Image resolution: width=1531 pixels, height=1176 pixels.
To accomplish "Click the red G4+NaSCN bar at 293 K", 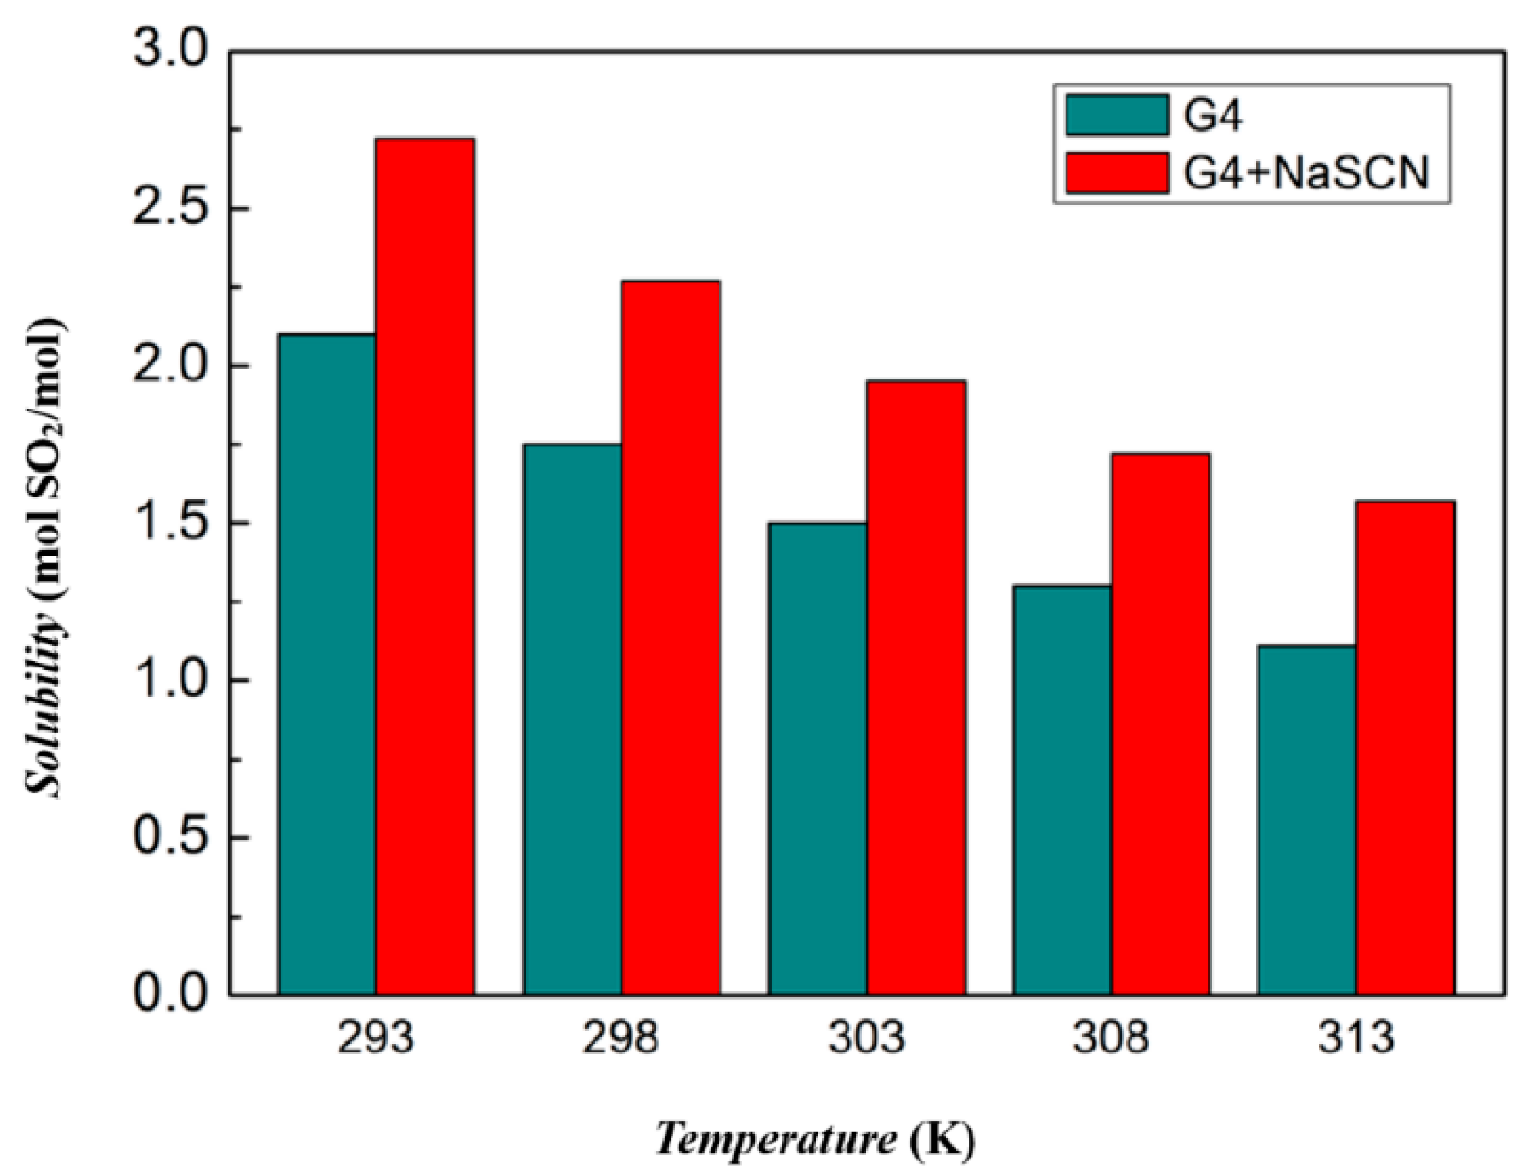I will click(x=425, y=566).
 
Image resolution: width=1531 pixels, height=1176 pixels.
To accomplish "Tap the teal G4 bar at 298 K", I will click(x=572, y=719).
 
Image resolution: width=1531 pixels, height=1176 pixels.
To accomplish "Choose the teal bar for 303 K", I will click(x=817, y=758).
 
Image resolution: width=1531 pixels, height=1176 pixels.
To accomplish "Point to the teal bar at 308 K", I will click(x=1062, y=790).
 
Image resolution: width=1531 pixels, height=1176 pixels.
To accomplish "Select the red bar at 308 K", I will click(x=1160, y=723).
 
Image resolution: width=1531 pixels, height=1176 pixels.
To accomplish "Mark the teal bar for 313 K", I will click(x=1306, y=820).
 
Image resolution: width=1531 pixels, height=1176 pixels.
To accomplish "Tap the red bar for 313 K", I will click(x=1405, y=747).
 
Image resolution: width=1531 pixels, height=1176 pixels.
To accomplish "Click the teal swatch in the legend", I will click(x=1117, y=115).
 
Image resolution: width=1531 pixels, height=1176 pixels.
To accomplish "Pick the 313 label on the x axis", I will click(x=1356, y=1038).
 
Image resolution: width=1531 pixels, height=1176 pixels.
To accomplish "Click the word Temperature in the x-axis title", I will click(x=776, y=1137).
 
